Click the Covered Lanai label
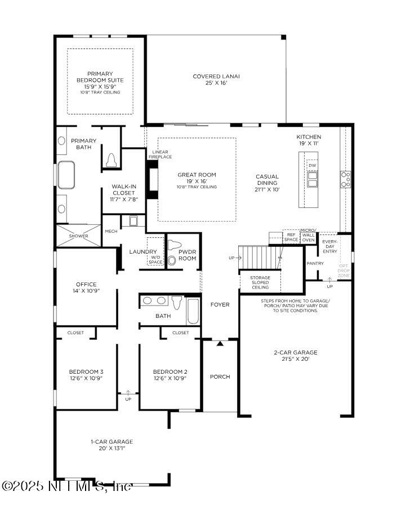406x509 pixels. click(x=216, y=79)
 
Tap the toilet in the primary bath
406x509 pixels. click(x=111, y=160)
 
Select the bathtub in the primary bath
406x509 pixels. click(x=66, y=175)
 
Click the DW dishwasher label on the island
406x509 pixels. click(x=313, y=165)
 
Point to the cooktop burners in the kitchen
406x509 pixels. click(x=346, y=179)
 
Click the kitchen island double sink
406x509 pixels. click(x=313, y=179)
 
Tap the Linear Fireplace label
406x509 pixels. click(x=160, y=154)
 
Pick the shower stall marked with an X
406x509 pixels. click(x=78, y=236)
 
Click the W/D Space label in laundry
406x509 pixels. click(x=155, y=260)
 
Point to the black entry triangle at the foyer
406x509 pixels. click(x=220, y=343)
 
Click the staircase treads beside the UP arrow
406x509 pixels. click(x=260, y=258)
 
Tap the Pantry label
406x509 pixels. click(x=315, y=263)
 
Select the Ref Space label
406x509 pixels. click(x=291, y=237)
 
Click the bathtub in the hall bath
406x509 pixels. click(x=193, y=311)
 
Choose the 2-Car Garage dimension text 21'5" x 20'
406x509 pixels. click(x=296, y=359)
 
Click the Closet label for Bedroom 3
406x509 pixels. click(x=75, y=333)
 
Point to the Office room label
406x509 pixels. click(x=86, y=284)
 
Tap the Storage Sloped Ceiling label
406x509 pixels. click(x=260, y=282)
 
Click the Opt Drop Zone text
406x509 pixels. click(x=343, y=271)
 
